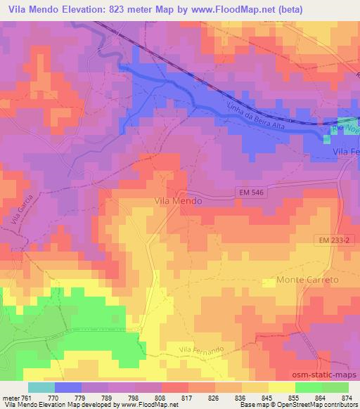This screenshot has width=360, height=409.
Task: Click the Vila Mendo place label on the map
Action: [x=178, y=200]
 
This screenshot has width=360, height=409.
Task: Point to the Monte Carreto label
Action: [x=308, y=280]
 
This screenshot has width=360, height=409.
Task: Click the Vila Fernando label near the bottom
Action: [x=200, y=350]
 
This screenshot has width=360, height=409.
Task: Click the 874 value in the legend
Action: [x=345, y=398]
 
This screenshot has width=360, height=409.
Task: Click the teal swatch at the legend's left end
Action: [x=41, y=387]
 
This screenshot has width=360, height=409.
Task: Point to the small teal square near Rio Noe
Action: [x=326, y=138]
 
